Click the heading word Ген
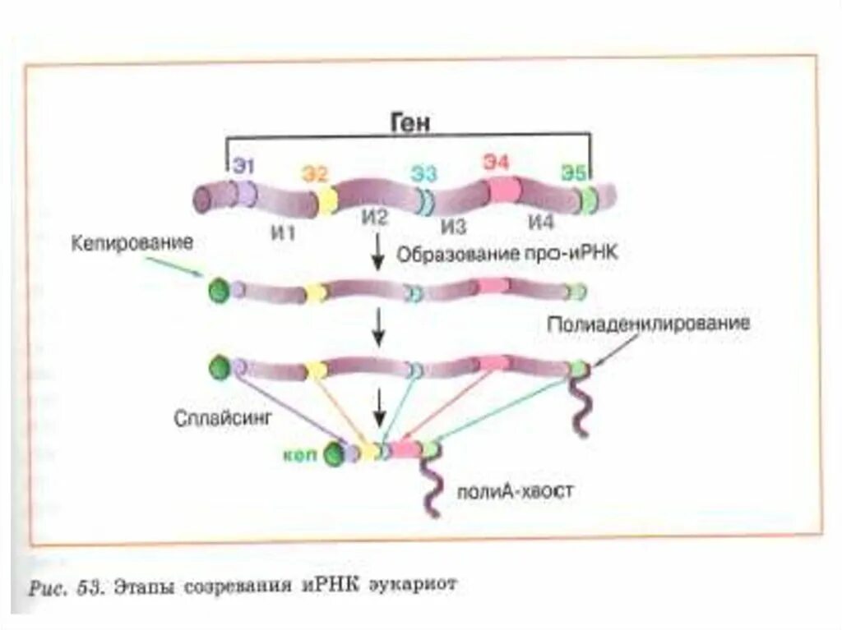coord(411,122)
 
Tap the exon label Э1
coord(243,167)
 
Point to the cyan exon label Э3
coord(424,173)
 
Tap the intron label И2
coord(372,218)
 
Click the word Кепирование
coord(132,243)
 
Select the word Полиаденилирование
coord(648,324)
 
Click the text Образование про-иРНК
coord(507,254)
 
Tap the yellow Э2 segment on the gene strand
coord(326,200)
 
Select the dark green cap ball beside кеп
coord(334,454)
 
